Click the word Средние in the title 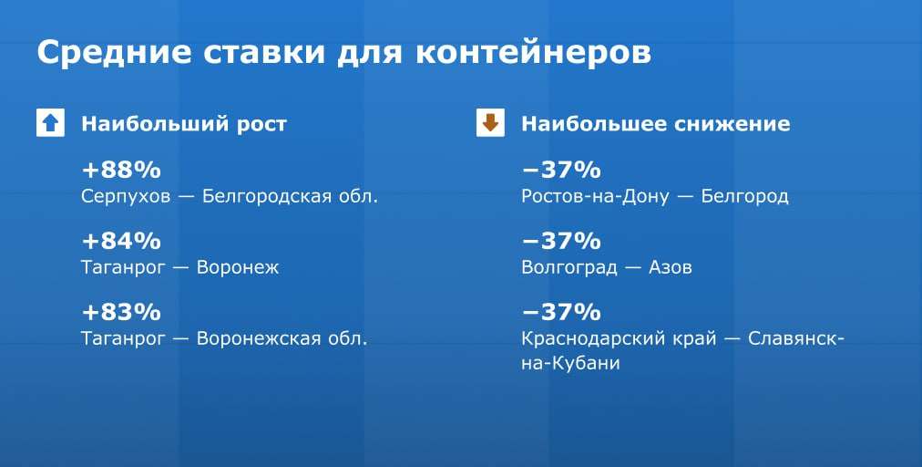(x=114, y=53)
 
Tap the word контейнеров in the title (x=533, y=52)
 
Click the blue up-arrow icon (x=51, y=123)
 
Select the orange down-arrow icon (x=490, y=123)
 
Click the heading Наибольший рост (x=184, y=124)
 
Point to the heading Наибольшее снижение (x=656, y=124)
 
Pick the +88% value (x=121, y=171)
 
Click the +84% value (x=121, y=241)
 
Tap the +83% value (x=121, y=312)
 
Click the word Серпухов (x=126, y=197)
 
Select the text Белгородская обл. (x=290, y=196)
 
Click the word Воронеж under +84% (x=238, y=268)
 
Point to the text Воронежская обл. (x=282, y=338)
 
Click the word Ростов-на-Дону (x=595, y=197)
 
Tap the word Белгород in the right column (x=744, y=197)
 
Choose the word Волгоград (x=569, y=268)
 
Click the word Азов (x=671, y=268)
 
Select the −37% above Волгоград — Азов (x=561, y=241)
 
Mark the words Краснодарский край (x=619, y=339)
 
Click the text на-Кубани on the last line (x=570, y=363)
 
